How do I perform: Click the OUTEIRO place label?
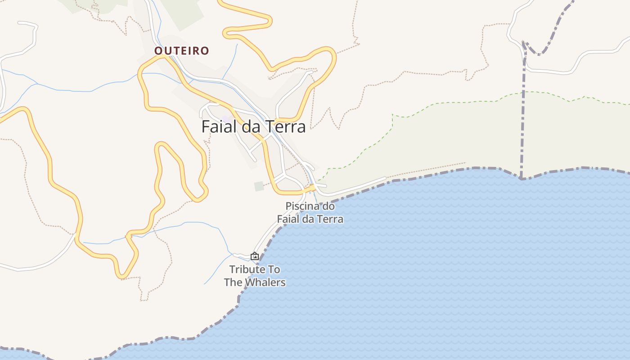[x=182, y=51]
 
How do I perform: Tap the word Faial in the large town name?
[x=220, y=127]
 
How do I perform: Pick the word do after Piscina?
[x=329, y=207]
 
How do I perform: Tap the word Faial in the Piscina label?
[x=288, y=219]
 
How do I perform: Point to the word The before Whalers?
[x=233, y=283]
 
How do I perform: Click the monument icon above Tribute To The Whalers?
[x=255, y=256]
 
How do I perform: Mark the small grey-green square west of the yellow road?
[x=259, y=186]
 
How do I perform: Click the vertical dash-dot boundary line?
[x=523, y=112]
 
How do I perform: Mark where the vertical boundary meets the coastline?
[x=521, y=178]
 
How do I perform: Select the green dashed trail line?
[x=450, y=103]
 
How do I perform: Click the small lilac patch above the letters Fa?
[x=225, y=118]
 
